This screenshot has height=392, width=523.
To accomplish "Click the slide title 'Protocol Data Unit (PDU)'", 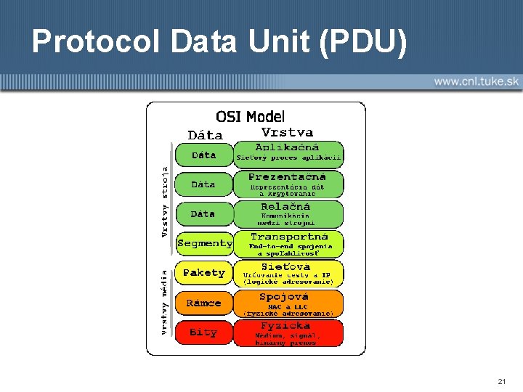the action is tap(219, 41).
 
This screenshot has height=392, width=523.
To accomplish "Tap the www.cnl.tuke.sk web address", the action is tap(477, 81).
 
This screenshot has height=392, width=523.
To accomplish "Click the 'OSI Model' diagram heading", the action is tap(251, 116).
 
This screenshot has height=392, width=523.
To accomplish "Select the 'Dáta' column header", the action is tap(205, 135).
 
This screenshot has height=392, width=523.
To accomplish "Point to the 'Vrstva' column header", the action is tap(287, 132).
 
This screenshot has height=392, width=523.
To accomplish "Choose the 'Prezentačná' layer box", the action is tap(288, 184).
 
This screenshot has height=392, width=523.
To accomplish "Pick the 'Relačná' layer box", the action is tap(288, 213).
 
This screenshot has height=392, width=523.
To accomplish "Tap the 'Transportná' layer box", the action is tap(288, 243).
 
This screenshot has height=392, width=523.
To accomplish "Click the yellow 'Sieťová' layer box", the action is tap(288, 273).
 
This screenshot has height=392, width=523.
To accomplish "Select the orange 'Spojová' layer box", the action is tap(288, 303).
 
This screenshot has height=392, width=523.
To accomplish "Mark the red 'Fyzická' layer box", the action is tap(288, 332).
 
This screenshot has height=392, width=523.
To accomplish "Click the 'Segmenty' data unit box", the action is tap(204, 243).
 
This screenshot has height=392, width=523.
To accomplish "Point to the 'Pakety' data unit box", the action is tap(204, 273).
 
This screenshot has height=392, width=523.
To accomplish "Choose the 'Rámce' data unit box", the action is tap(204, 303).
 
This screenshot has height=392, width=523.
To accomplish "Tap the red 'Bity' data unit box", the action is tap(204, 332).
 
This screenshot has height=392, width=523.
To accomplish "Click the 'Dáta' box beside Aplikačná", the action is tap(204, 155).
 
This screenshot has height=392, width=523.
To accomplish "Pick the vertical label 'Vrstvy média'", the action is tap(165, 302).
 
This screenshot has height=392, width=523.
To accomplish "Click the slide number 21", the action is tap(502, 381).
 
